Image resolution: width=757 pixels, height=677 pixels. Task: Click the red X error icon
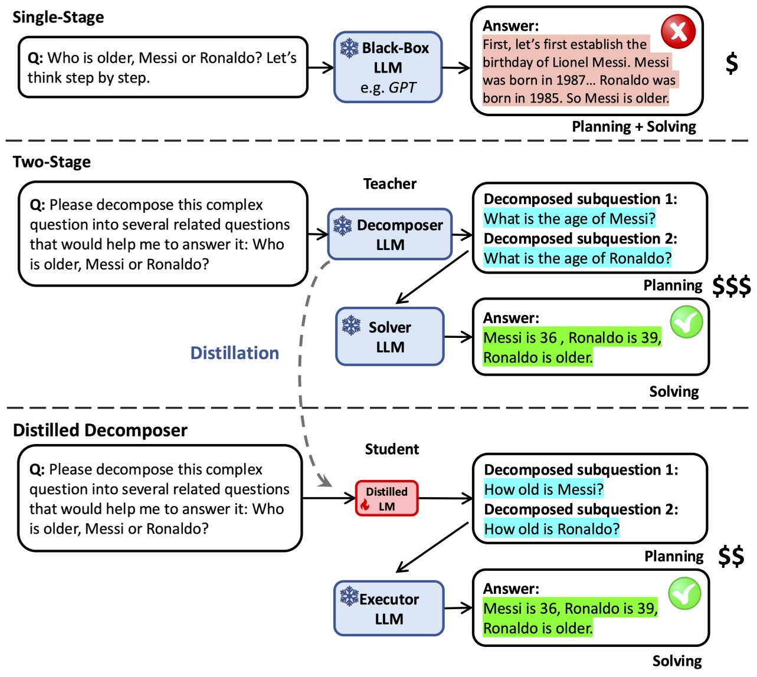click(x=678, y=31)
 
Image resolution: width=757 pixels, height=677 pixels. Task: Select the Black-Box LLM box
click(x=388, y=67)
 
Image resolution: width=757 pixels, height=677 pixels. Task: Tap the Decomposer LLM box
click(x=390, y=234)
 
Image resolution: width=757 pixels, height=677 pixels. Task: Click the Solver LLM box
click(x=389, y=336)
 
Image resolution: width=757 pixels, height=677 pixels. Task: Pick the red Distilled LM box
click(x=386, y=498)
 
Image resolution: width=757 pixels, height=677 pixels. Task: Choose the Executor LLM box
click(x=389, y=608)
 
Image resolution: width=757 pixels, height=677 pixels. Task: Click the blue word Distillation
click(x=234, y=353)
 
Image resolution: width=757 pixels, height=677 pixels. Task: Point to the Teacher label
click(x=389, y=184)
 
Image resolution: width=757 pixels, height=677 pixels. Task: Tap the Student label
click(x=392, y=449)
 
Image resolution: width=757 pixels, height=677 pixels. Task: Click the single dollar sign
click(x=732, y=63)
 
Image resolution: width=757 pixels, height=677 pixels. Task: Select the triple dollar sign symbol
click(x=731, y=286)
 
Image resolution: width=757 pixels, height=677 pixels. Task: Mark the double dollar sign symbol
click(x=731, y=556)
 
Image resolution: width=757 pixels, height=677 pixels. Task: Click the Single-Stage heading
click(x=58, y=17)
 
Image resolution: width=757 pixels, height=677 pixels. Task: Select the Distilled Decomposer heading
click(x=100, y=430)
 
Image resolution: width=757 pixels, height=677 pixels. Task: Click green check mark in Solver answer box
click(x=686, y=322)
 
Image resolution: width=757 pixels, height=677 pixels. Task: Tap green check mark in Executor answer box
click(x=684, y=593)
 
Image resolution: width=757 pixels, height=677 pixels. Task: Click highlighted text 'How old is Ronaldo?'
click(x=552, y=528)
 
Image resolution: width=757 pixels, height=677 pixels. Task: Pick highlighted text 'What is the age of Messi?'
click(x=569, y=219)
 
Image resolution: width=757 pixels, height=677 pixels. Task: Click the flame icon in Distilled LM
click(x=365, y=505)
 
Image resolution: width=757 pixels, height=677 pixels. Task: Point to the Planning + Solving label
click(x=634, y=126)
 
